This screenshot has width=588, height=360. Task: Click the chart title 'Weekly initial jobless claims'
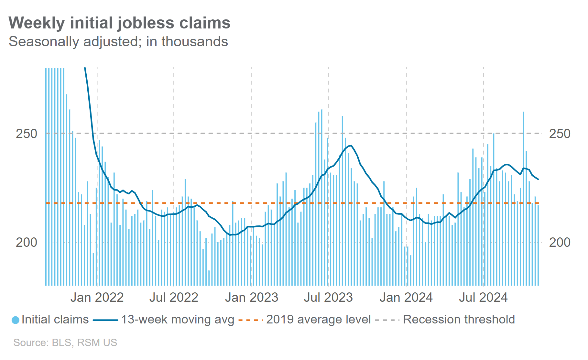119,23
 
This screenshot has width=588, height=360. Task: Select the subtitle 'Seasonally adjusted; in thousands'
118,42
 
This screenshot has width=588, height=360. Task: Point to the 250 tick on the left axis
27,134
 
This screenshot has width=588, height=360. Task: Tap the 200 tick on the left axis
27,242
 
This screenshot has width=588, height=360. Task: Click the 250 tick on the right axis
560,134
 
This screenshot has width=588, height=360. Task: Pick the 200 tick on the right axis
560,242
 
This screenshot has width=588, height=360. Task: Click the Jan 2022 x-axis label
97,298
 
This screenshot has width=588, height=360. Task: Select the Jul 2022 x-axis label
174,298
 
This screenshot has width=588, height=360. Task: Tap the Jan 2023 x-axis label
252,298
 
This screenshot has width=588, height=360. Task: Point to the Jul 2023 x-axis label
328,298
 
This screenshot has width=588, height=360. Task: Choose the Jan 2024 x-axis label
406,298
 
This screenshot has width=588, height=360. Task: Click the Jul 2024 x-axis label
483,298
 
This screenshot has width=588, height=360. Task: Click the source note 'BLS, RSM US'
65,343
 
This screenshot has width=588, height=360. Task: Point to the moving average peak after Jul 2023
351,146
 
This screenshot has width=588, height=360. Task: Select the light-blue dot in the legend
15,320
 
